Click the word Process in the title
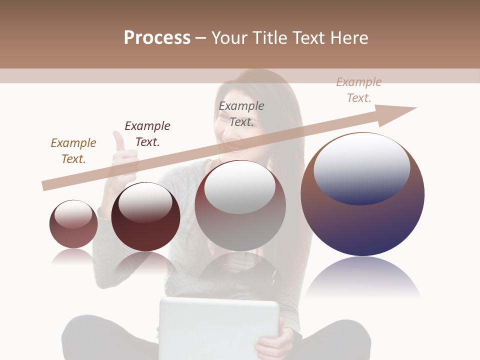157,38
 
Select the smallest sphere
73,225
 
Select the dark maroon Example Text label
147,133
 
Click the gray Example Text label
241,113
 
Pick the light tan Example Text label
359,90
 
